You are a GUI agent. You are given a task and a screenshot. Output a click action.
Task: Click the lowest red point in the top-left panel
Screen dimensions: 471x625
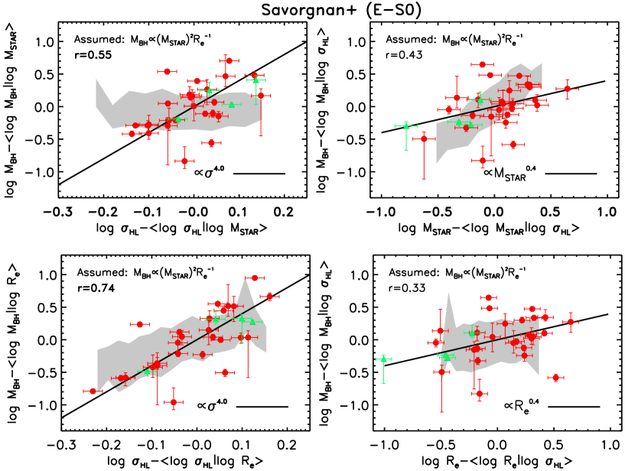point(184,161)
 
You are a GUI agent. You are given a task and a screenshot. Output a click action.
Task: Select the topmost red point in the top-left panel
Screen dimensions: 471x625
point(229,60)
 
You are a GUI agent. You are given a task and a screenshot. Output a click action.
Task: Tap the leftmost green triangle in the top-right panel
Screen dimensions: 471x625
point(406,125)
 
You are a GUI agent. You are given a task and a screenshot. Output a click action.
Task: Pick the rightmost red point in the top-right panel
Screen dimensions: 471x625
point(567,89)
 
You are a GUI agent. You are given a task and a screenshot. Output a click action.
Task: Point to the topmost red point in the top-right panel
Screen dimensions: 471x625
point(482,65)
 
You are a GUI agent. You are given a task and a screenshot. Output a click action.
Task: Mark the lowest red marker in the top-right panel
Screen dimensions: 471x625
point(482,160)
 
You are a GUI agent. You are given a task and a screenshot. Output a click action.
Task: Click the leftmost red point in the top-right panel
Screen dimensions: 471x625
point(424,139)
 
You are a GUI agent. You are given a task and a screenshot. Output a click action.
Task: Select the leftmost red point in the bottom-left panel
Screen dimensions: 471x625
point(93,391)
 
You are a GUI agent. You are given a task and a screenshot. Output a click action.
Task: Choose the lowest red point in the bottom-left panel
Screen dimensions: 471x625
point(174,401)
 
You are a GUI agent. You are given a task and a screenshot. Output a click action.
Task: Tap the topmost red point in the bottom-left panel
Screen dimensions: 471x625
point(254,278)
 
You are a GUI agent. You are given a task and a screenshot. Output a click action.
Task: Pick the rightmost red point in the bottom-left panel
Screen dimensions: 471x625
point(269,296)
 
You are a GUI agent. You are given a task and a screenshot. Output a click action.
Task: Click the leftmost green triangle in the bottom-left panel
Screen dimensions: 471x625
point(148,373)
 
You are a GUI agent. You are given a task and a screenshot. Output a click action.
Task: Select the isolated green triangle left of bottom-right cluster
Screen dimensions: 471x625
point(383,359)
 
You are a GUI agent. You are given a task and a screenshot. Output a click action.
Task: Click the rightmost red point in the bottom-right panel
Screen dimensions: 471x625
point(570,321)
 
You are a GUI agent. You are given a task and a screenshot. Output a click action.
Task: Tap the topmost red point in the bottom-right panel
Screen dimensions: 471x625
point(489,297)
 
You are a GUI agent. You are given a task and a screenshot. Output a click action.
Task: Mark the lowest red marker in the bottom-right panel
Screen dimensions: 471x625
point(480,394)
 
